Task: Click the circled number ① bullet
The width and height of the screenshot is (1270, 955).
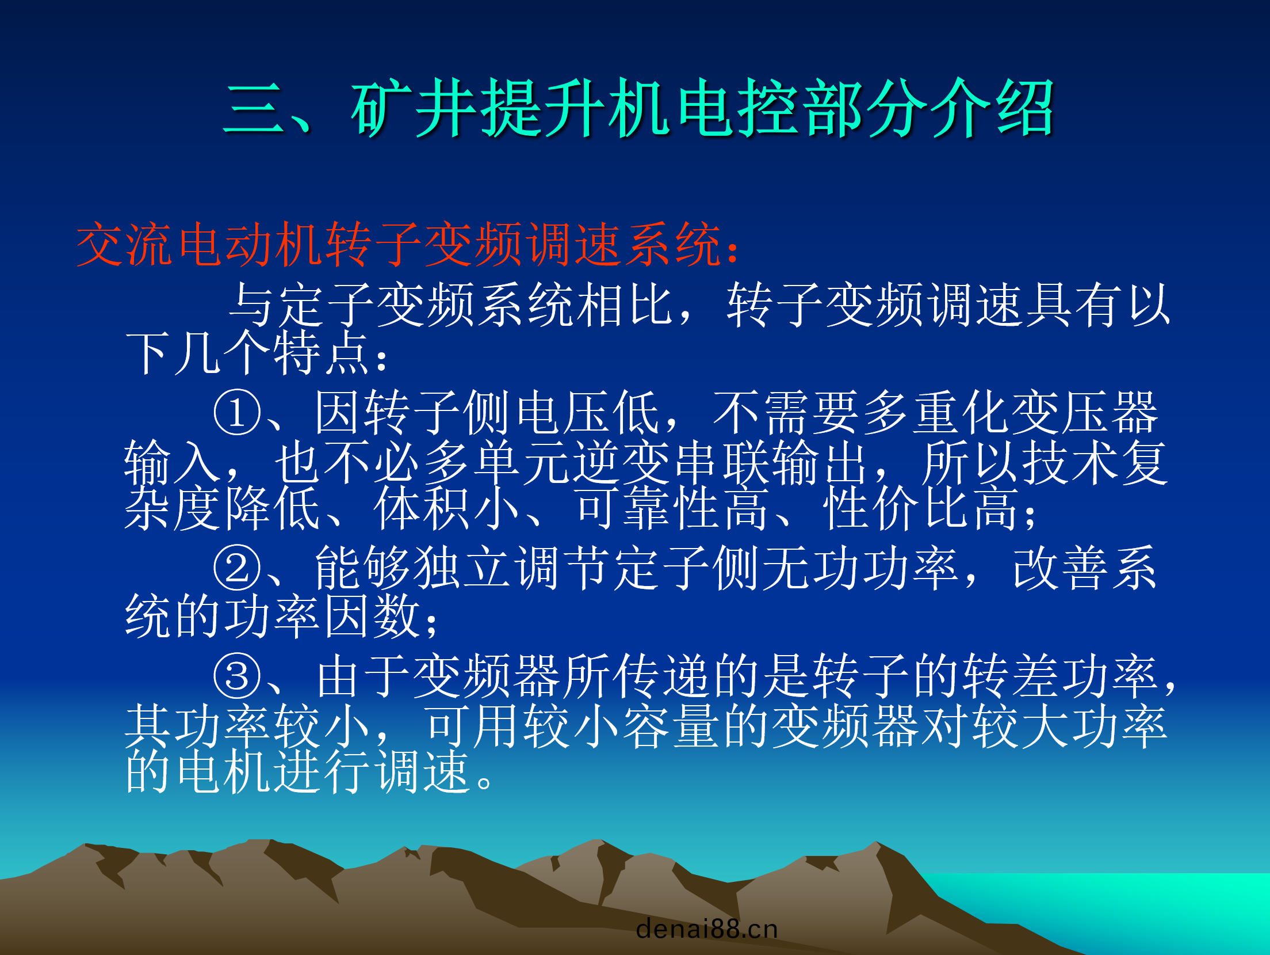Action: (x=236, y=412)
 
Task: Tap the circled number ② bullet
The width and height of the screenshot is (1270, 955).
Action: (x=236, y=568)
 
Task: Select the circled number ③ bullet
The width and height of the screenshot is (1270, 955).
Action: (x=236, y=676)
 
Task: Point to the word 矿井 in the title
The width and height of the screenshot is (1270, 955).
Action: (x=414, y=108)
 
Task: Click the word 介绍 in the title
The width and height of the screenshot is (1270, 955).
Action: (x=991, y=108)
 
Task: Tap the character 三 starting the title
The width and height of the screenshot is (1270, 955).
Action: (x=254, y=108)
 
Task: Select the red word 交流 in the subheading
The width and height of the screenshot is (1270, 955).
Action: (x=124, y=244)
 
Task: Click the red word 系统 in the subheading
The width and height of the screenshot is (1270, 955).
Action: (x=673, y=244)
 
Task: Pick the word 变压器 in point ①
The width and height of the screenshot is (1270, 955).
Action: (x=1084, y=412)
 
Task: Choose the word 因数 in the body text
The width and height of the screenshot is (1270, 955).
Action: (x=372, y=616)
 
